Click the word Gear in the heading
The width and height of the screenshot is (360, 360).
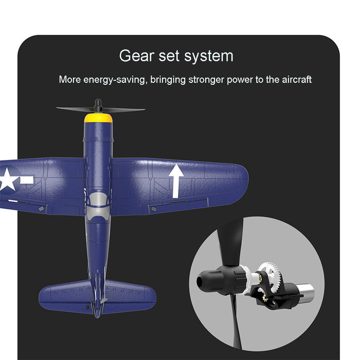pyautogui.click(x=137, y=56)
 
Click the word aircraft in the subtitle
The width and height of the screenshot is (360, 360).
pyautogui.click(x=297, y=79)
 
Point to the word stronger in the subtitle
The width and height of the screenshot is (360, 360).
pyautogui.click(x=206, y=80)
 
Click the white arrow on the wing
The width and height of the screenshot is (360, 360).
pyautogui.click(x=176, y=181)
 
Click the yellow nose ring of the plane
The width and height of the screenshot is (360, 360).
pyautogui.click(x=98, y=118)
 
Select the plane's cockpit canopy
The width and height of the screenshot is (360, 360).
pyautogui.click(x=98, y=200)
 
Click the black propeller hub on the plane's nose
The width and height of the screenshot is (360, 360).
pyautogui.click(x=98, y=105)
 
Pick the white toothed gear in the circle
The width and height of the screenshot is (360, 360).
pyautogui.click(x=270, y=277)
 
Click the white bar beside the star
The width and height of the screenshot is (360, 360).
pyautogui.click(x=27, y=180)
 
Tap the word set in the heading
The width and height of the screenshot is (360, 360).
pyautogui.click(x=169, y=56)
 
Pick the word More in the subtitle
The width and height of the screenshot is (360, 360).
pyautogui.click(x=70, y=80)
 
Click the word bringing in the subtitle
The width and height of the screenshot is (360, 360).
pyautogui.click(x=168, y=80)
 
